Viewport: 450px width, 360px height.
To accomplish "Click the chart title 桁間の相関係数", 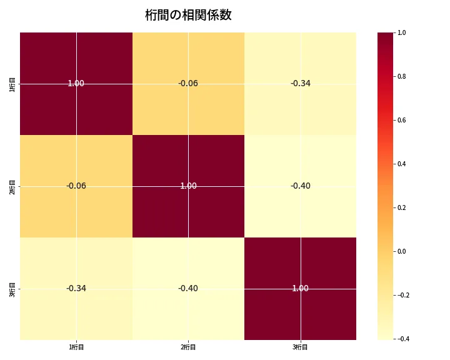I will click(188, 15).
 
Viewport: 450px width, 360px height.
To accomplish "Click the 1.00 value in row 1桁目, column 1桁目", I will click(76, 83).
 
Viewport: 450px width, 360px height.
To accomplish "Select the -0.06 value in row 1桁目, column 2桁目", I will click(188, 83).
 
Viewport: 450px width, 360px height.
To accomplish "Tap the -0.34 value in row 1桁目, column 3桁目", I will click(301, 83).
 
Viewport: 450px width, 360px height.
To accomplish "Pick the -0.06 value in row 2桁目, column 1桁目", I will click(76, 186).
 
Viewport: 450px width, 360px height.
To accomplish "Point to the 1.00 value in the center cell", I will click(188, 186).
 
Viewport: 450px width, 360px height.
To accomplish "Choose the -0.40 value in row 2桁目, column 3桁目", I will click(301, 186).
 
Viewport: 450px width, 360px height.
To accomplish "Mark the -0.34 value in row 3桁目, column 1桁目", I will click(76, 288).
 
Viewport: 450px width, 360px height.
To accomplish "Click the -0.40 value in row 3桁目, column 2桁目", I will click(188, 288).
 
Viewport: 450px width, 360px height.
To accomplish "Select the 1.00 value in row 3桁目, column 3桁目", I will click(301, 288).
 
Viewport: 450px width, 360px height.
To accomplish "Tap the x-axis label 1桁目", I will click(76, 347).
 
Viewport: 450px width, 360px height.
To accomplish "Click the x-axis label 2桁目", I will click(188, 347).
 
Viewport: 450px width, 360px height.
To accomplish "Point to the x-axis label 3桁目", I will click(301, 347).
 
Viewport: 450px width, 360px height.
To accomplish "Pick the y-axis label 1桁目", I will click(12, 83).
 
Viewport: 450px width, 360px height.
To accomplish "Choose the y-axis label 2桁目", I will click(12, 186).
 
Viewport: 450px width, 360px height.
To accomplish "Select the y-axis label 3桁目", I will click(12, 288).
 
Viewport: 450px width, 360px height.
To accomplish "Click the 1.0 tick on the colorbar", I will click(401, 32).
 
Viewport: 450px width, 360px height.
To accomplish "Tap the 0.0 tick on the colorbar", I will click(401, 251).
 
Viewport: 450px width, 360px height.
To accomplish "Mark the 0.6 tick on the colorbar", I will click(401, 120).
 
